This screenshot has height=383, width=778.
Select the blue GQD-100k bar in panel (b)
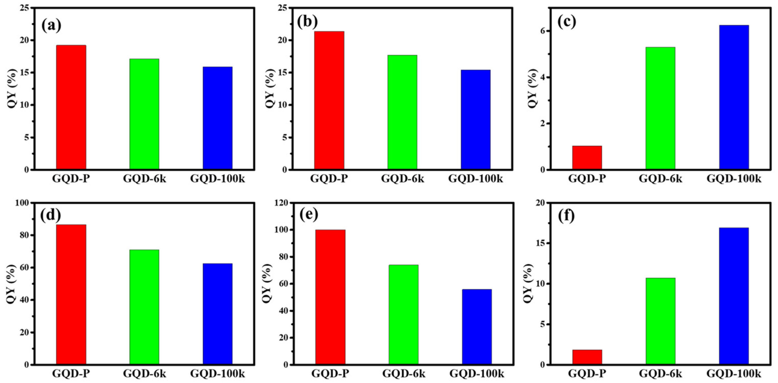coord(475,119)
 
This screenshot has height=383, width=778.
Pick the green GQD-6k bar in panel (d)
coord(144,307)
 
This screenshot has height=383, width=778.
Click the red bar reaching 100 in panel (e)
coord(330,297)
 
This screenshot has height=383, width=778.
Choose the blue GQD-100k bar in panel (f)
coord(734,296)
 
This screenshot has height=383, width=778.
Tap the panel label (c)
coord(567,22)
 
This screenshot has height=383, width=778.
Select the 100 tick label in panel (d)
coord(23,203)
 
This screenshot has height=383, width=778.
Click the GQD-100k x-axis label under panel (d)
coord(217,374)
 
